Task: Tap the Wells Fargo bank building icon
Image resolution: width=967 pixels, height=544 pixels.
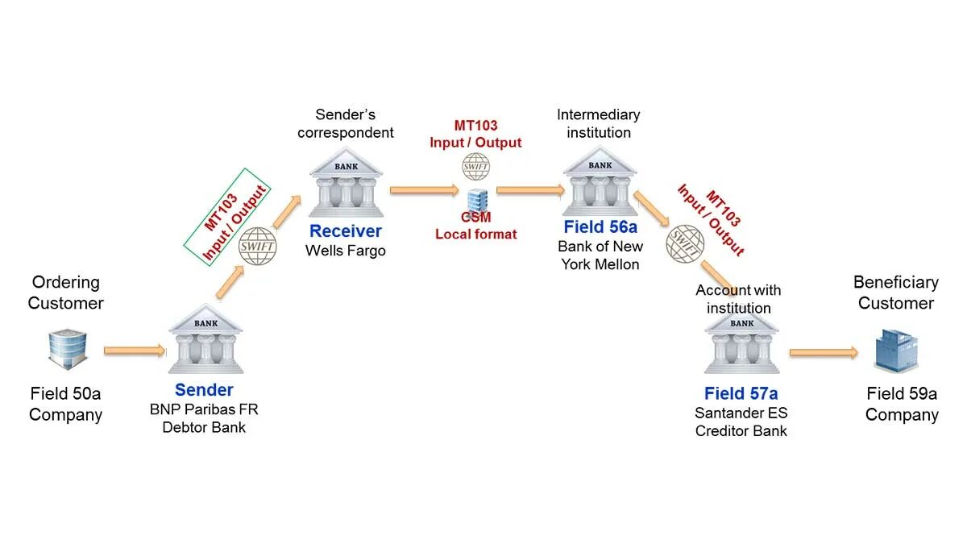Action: click(347, 183)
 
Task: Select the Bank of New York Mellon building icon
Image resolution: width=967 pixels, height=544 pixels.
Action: click(600, 183)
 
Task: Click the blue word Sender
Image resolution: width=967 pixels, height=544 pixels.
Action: click(204, 390)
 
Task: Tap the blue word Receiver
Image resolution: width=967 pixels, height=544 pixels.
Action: click(346, 232)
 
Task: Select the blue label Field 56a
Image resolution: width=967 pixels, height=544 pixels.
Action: click(600, 226)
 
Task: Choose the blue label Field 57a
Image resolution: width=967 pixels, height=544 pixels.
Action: click(741, 393)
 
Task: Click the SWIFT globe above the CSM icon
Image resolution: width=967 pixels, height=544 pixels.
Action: click(475, 167)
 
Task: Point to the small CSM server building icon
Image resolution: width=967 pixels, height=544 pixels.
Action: click(476, 198)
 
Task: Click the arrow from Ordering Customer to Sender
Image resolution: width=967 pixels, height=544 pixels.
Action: click(135, 351)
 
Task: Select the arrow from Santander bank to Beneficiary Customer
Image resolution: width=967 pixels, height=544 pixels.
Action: click(824, 352)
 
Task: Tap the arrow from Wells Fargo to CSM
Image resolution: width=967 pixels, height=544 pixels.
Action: click(424, 190)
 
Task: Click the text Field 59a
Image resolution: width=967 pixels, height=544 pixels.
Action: click(902, 394)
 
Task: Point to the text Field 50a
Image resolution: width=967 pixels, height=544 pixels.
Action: click(65, 394)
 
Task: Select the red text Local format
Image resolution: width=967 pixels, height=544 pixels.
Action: click(475, 234)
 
